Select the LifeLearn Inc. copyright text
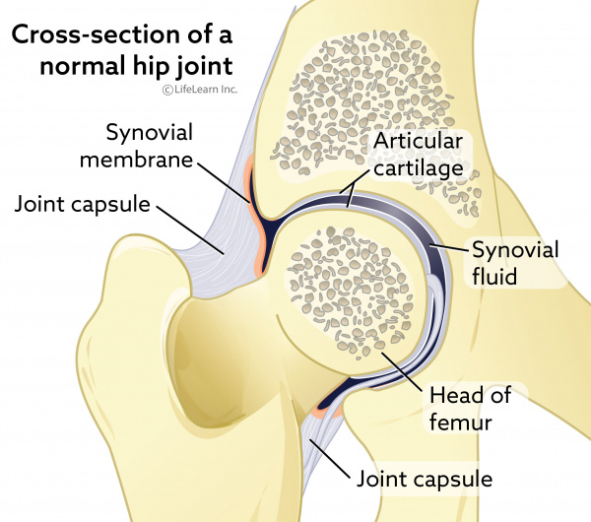[200, 90]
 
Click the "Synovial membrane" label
[137, 146]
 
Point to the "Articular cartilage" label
[418, 155]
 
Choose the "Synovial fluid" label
[515, 263]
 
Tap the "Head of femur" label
[470, 408]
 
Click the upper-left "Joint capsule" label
[82, 204]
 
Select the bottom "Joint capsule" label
[425, 479]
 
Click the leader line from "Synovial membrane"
[224, 183]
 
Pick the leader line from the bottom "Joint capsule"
[328, 458]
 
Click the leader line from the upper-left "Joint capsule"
[190, 229]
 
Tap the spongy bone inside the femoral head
[350, 293]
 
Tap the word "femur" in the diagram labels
[461, 423]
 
